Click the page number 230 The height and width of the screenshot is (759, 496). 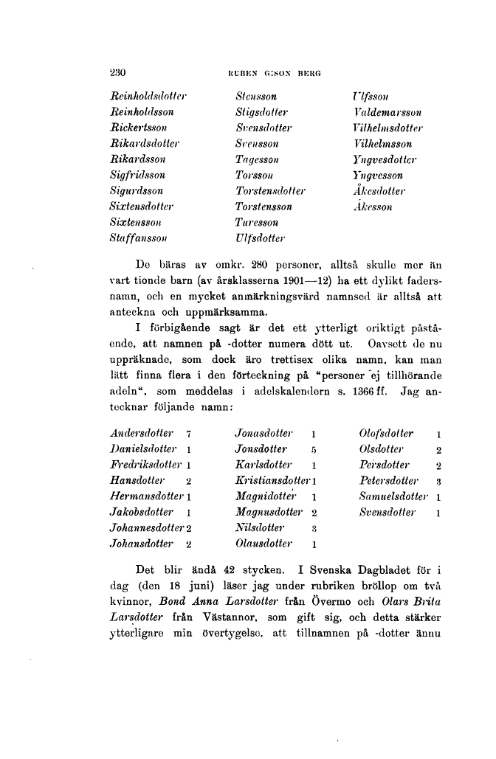tap(117, 73)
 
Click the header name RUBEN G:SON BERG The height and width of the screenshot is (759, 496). tap(270, 74)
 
